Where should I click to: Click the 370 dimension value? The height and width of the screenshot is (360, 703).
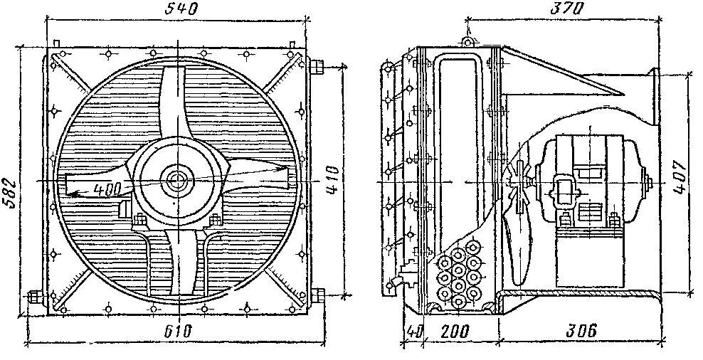(x=567, y=9)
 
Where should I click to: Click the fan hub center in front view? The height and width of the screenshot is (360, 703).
(x=174, y=180)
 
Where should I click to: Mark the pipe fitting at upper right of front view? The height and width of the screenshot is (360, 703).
(x=316, y=67)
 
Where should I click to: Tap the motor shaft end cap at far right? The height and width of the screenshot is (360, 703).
(x=647, y=183)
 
